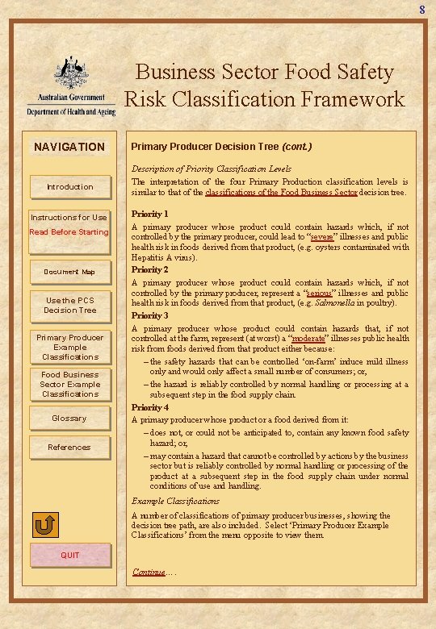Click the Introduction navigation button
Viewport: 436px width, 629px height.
[x=69, y=187]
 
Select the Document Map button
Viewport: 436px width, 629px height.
[x=69, y=272]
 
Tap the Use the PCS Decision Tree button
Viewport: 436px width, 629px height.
[x=69, y=305]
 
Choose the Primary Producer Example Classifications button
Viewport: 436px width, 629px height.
[x=69, y=347]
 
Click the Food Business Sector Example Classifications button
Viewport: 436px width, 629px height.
[x=69, y=384]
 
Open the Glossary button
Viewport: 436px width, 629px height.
[x=69, y=418]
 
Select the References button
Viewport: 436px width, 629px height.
[x=69, y=448]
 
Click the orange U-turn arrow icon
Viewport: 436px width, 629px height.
[x=46, y=526]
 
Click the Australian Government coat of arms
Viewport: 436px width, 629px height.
[x=70, y=74]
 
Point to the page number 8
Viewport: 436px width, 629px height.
[x=421, y=10]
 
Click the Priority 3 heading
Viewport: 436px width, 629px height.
[x=150, y=315]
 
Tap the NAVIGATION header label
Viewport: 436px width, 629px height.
[x=69, y=147]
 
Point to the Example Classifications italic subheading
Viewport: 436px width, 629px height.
[x=175, y=501]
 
